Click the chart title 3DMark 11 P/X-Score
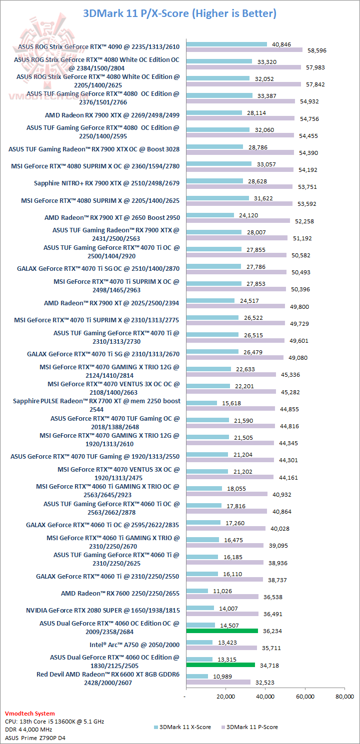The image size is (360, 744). tap(179, 13)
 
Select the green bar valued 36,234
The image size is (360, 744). tap(222, 631)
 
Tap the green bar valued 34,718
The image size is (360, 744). tap(220, 665)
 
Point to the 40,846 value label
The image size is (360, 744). tap(281, 44)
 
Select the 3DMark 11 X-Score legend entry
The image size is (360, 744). tap(182, 727)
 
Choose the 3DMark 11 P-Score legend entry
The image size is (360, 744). tap(252, 727)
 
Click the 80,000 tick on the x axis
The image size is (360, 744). tap(344, 696)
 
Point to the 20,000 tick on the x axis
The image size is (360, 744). tap(225, 696)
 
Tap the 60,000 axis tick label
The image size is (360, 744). tap(305, 696)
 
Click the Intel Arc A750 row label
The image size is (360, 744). tap(134, 645)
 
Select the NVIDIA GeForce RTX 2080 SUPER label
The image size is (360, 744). tap(102, 610)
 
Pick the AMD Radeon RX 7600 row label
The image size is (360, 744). tap(120, 593)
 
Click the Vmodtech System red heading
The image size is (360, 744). tap(29, 714)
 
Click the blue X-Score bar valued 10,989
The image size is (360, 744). tap(197, 676)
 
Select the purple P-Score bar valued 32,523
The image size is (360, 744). tap(218, 682)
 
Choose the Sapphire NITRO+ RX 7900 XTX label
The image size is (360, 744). tap(106, 183)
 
